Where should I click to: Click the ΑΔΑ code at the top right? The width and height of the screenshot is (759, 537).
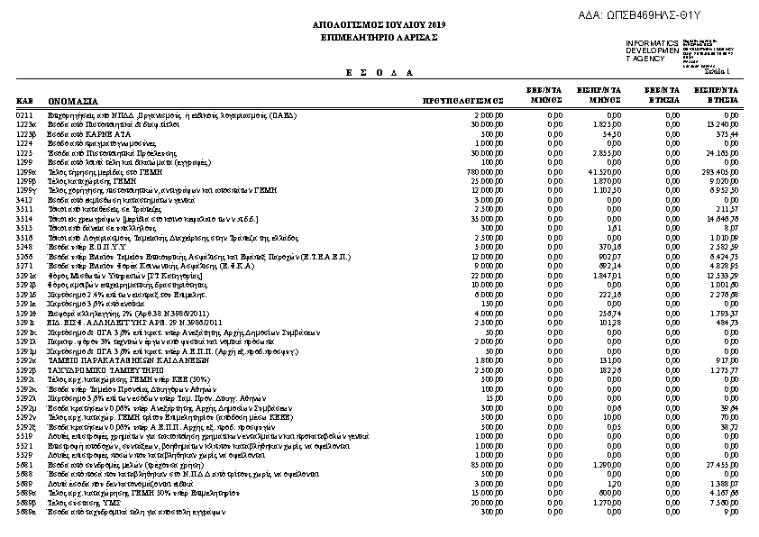665,15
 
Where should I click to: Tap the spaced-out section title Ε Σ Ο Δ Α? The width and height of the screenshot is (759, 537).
379,71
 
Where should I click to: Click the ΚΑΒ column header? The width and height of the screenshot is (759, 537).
24,102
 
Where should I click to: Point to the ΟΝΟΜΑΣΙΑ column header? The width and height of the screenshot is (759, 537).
74,102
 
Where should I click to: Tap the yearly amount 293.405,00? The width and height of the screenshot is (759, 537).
722,171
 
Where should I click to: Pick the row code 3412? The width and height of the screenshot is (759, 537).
24,199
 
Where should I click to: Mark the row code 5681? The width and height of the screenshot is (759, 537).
24,464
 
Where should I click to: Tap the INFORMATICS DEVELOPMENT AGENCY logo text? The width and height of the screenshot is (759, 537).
652,50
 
